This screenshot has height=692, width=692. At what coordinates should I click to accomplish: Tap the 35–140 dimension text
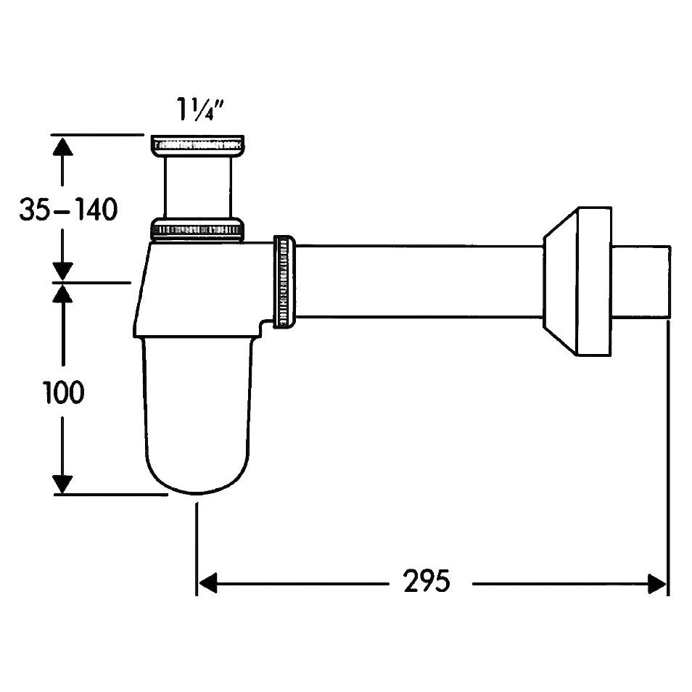click(68, 209)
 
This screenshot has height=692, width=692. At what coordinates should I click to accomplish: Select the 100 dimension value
click(64, 392)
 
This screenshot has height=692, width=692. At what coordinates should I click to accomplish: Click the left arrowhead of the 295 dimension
click(208, 583)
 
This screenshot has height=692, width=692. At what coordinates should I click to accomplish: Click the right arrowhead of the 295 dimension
click(656, 583)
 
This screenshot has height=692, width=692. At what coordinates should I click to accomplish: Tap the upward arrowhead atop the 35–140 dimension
click(62, 146)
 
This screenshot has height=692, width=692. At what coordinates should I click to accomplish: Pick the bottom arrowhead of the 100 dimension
click(62, 484)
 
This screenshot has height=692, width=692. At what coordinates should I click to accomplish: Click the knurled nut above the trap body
click(197, 229)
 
